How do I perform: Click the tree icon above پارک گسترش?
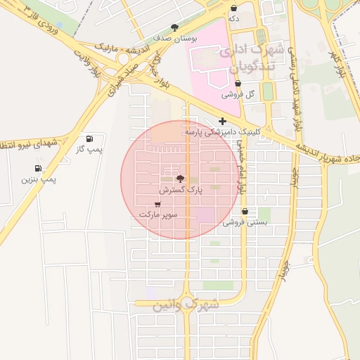pyautogui.click(x=180, y=179)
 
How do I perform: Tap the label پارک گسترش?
pyautogui.click(x=180, y=190)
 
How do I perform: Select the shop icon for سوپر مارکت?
pyautogui.click(x=158, y=203)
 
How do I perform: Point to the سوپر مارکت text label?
pyautogui.click(x=158, y=213)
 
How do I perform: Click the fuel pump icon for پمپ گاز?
pyautogui.click(x=89, y=139)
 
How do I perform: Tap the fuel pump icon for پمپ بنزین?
pyautogui.click(x=37, y=168)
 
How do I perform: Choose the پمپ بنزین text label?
pyautogui.click(x=37, y=179)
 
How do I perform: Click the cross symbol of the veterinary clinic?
pyautogui.click(x=223, y=121)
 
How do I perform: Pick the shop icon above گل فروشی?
pyautogui.click(x=238, y=83)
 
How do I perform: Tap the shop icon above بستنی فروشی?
pyautogui.click(x=245, y=211)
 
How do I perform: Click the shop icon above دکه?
pyautogui.click(x=233, y=8)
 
